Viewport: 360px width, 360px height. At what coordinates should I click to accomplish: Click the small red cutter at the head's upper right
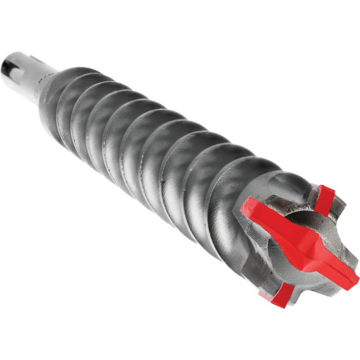[325, 200]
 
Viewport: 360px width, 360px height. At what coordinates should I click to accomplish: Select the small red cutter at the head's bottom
[282, 295]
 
